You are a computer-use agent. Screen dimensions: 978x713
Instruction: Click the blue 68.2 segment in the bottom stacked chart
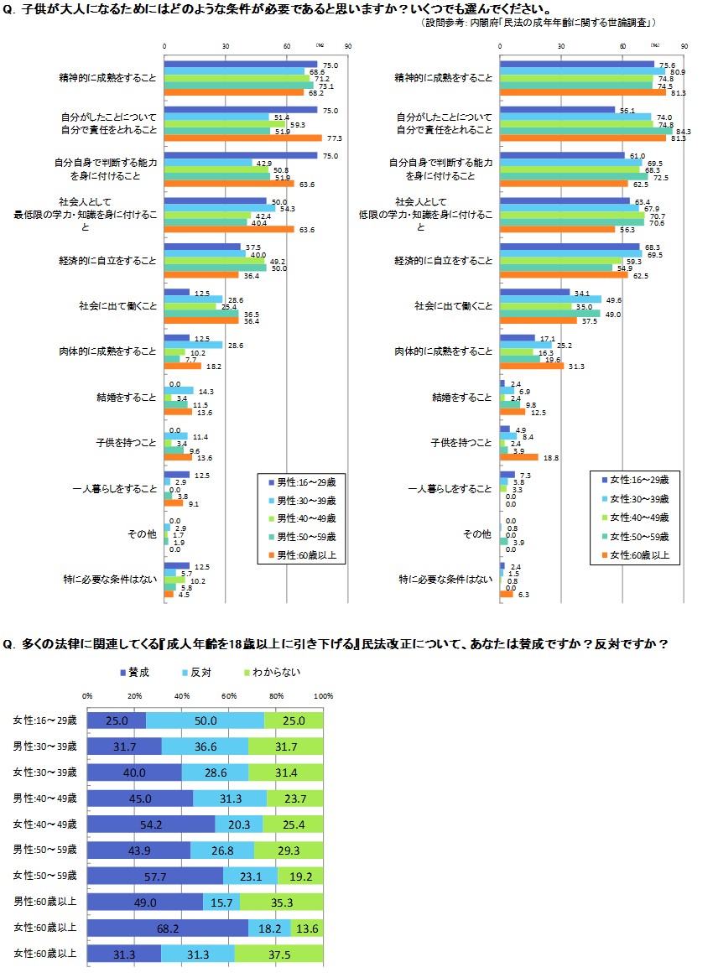(168, 928)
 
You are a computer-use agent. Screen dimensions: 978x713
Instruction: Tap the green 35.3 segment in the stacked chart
(282, 902)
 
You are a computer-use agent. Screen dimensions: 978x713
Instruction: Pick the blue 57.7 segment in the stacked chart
(155, 876)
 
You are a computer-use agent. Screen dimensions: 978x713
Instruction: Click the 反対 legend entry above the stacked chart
(199, 672)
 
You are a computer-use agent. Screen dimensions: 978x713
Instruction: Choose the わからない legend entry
(270, 672)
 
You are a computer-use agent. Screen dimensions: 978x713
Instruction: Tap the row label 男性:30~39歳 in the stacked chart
(45, 747)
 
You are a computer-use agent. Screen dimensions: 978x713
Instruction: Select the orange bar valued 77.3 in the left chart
(242, 138)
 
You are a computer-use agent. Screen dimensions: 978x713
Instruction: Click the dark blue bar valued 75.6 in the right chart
(576, 65)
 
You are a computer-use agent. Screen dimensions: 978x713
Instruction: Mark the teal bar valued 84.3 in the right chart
(585, 131)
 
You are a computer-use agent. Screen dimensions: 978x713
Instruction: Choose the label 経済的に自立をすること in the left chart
(115, 261)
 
